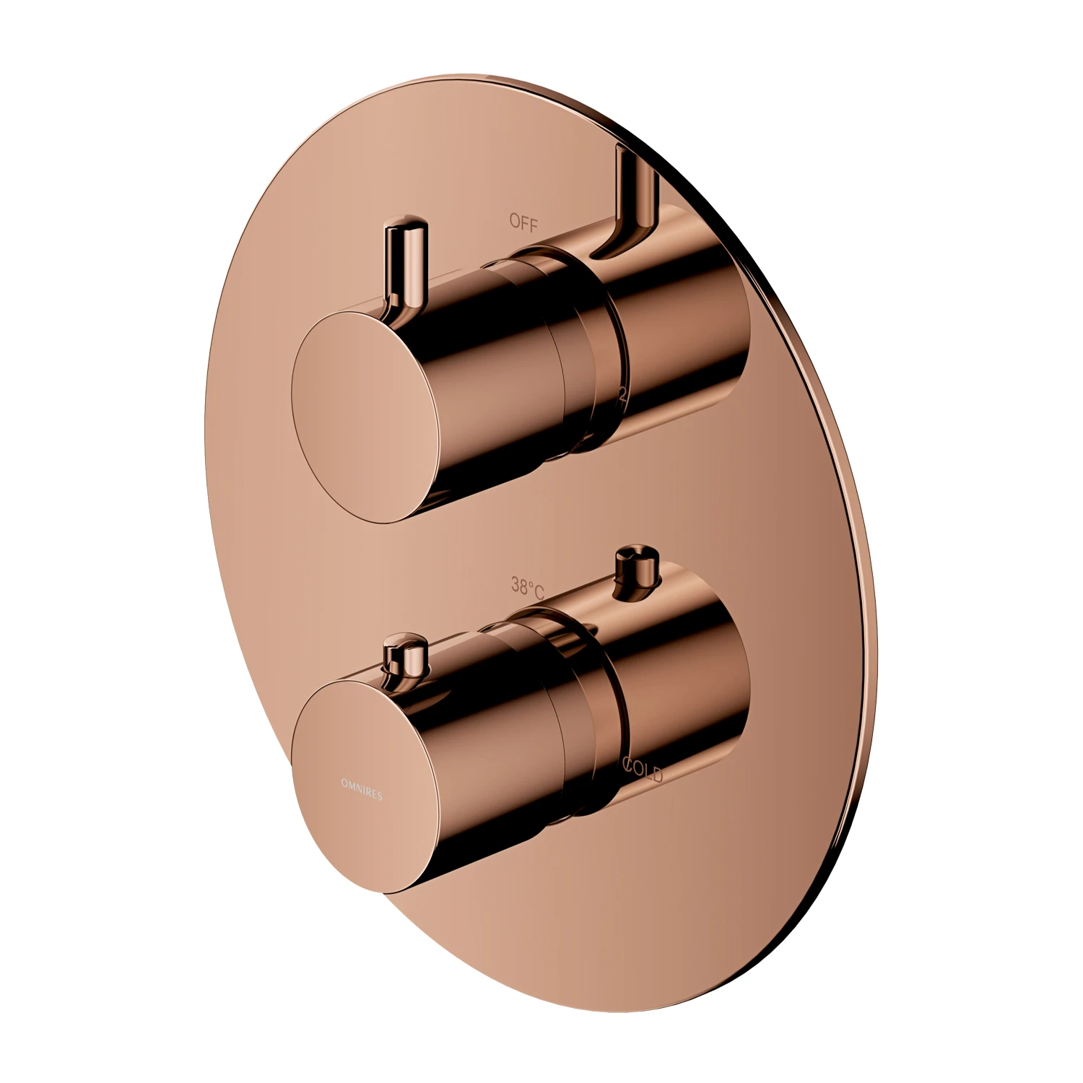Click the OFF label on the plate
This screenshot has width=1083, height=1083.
523,223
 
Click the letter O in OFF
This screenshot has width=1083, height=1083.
514,222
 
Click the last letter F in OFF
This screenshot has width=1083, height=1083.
534,225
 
